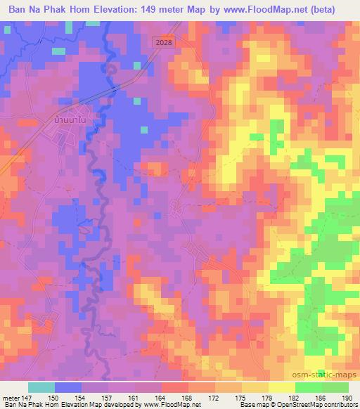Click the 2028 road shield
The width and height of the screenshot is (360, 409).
click(x=162, y=42)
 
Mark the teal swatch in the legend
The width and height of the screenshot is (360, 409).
click(x=41, y=387)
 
